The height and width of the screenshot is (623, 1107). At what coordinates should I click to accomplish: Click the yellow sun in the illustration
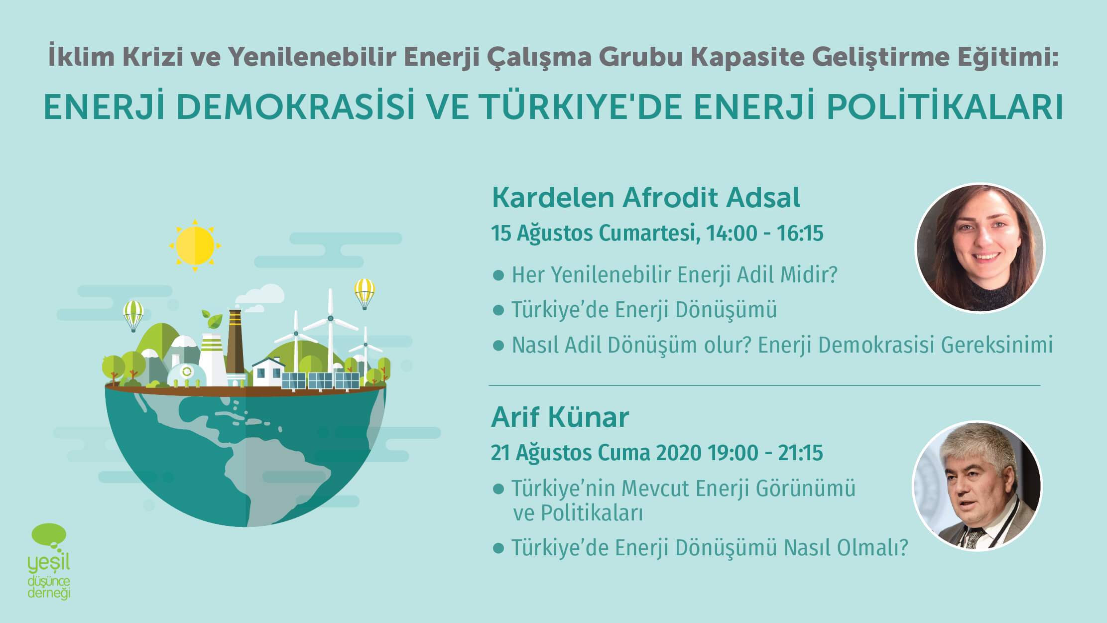195,245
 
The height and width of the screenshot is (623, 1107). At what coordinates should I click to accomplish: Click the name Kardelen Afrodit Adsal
646,198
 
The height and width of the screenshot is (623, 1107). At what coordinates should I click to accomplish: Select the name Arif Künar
560,417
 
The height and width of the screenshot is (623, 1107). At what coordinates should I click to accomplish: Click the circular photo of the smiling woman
980,248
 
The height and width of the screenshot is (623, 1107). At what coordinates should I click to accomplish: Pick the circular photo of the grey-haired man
977,486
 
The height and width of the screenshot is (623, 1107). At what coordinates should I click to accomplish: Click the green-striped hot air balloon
133,315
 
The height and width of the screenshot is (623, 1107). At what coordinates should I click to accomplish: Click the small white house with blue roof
268,372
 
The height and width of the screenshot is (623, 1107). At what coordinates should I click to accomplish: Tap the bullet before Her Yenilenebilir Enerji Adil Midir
498,275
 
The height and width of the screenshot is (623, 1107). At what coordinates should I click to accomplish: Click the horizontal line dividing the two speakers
764,385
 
